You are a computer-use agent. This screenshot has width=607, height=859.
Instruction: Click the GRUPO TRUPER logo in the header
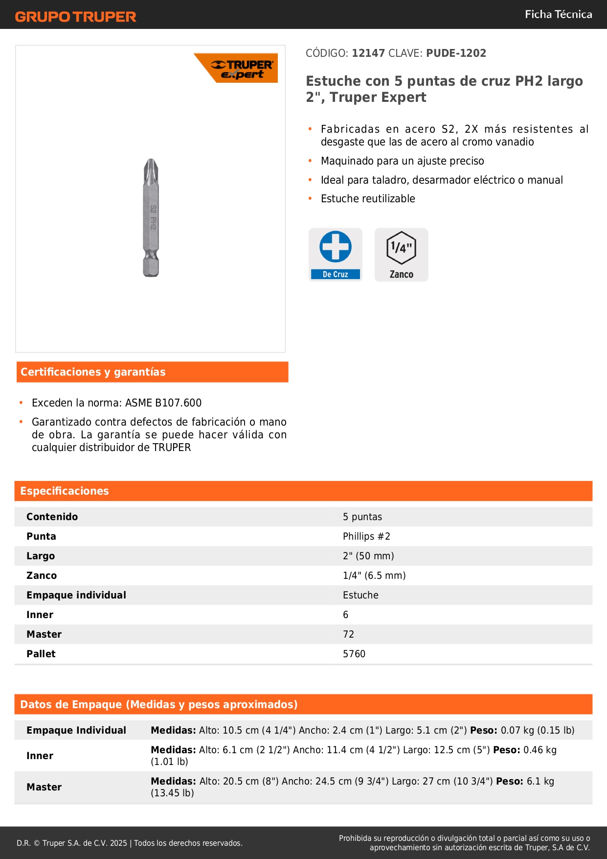[x=75, y=17]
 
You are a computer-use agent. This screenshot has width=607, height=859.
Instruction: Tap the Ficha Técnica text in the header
[x=558, y=14]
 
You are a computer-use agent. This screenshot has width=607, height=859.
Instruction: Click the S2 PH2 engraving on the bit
[x=153, y=217]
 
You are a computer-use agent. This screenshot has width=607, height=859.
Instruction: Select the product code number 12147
[x=368, y=53]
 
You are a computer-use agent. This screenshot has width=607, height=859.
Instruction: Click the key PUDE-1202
[x=456, y=53]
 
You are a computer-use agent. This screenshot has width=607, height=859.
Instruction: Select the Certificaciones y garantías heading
[x=93, y=372]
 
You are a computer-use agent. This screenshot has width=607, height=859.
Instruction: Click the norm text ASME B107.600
[x=163, y=403]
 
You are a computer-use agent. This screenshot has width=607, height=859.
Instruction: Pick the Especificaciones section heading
[x=65, y=491]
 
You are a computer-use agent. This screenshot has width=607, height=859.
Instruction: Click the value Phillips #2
[x=366, y=536]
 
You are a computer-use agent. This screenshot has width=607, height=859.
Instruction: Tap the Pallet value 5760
[x=354, y=654]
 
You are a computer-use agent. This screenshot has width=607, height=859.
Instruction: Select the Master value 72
[x=348, y=634]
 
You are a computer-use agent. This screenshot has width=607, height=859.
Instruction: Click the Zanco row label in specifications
[x=42, y=575]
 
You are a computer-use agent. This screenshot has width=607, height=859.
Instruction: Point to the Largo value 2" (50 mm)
[x=368, y=556]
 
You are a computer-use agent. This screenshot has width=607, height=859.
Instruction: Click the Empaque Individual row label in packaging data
[x=76, y=730]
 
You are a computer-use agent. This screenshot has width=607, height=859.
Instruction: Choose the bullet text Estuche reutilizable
[x=368, y=199]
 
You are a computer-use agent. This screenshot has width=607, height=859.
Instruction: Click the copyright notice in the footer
[x=130, y=843]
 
